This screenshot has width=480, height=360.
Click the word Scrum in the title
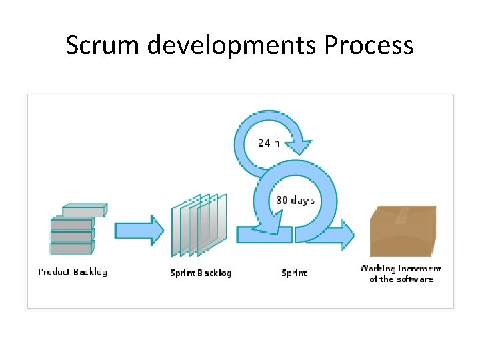pos(103,45)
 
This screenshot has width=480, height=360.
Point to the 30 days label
pos(295,200)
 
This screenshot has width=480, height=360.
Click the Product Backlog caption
pos(72,271)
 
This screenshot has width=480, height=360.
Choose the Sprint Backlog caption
pos(200,273)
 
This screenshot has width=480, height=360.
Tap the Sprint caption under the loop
pos(294,273)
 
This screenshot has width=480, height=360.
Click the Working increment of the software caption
pos(401,273)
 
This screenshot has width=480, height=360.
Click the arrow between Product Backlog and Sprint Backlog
pos(139,230)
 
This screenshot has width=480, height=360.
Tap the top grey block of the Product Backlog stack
pos(83,211)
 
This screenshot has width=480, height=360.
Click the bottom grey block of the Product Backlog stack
pos(71,248)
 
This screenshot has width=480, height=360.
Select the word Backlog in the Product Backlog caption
pos(89,271)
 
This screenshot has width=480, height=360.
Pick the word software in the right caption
pos(415,279)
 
